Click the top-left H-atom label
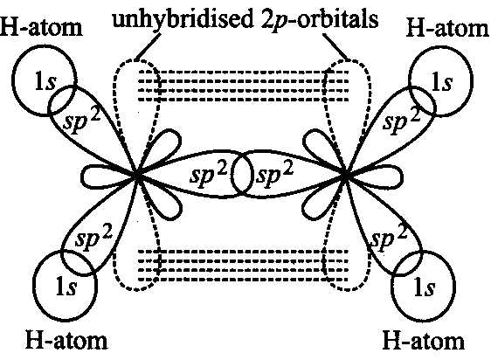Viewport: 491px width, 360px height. tap(41, 28)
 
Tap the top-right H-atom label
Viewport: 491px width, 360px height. tap(448, 29)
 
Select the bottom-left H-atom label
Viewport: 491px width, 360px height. tap(66, 340)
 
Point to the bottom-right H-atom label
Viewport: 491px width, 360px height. tap(424, 340)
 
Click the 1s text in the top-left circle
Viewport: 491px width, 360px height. tap(45, 82)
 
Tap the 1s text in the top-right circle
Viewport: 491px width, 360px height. tap(441, 83)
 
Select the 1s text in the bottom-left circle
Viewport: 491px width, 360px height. tap(66, 287)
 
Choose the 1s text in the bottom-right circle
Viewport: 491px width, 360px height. tap(425, 288)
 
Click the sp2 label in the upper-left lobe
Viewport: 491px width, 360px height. tap(82, 121)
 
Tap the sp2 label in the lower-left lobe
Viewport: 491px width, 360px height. tap(93, 238)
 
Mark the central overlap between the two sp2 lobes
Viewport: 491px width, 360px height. tap(242, 174)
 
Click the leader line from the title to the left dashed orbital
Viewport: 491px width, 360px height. tap(148, 47)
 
